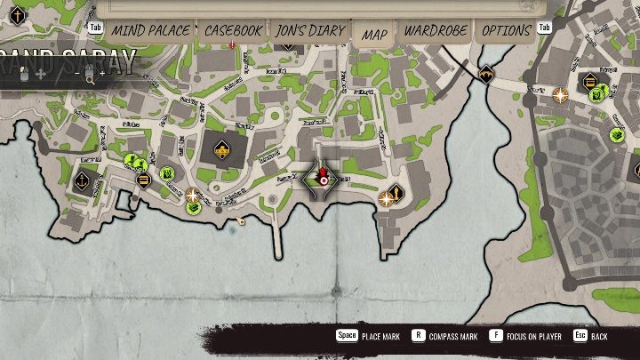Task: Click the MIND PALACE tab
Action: click(150, 31)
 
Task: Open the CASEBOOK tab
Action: click(233, 31)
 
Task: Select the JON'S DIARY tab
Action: click(309, 31)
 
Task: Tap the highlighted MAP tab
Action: click(375, 34)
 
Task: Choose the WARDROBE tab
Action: click(436, 31)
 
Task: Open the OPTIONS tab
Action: click(507, 31)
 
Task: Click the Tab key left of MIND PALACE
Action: click(96, 28)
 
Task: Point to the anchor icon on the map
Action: click(81, 180)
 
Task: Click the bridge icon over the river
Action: click(486, 75)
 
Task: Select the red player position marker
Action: click(324, 178)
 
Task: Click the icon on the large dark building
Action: click(219, 149)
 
